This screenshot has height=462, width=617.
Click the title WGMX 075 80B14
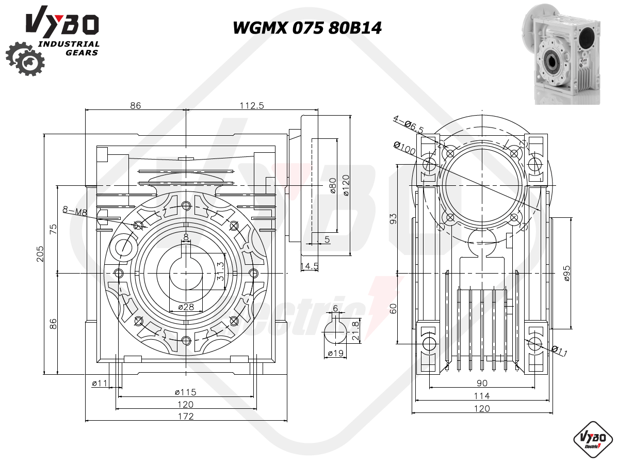tap(307, 28)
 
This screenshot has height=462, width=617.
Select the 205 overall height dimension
tap(40, 253)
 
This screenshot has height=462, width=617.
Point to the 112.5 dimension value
tap(252, 105)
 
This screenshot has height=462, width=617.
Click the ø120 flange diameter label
tap(345, 185)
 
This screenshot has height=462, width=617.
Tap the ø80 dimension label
tap(333, 185)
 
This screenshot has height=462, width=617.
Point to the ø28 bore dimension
tap(186, 307)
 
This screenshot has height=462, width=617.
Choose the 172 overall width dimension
tap(186, 416)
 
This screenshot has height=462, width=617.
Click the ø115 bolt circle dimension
tap(185, 392)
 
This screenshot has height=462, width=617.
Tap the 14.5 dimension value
tap(310, 266)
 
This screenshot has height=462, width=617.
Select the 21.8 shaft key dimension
tap(355, 330)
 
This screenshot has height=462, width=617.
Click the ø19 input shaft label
tap(336, 353)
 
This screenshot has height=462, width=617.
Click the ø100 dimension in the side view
tap(404, 148)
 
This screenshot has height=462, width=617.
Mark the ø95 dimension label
tap(566, 273)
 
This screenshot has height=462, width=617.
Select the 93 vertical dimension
tap(393, 218)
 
